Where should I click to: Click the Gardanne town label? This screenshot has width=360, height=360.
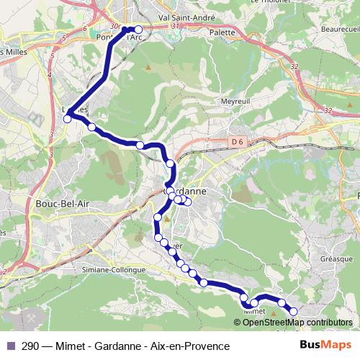[x=189, y=192]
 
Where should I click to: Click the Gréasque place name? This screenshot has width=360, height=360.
[x=335, y=258]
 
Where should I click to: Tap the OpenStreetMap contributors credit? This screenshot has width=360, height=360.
[x=297, y=323]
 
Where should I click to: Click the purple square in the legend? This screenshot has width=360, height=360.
[x=10, y=346]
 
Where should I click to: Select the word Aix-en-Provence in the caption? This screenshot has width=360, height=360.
[x=189, y=346]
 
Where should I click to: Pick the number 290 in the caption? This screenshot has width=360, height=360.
[x=31, y=346]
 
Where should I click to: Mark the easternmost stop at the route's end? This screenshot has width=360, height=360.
[x=294, y=311]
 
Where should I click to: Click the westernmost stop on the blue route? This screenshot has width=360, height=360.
[x=68, y=120]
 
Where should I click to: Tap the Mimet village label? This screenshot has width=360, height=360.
[x=255, y=312]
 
